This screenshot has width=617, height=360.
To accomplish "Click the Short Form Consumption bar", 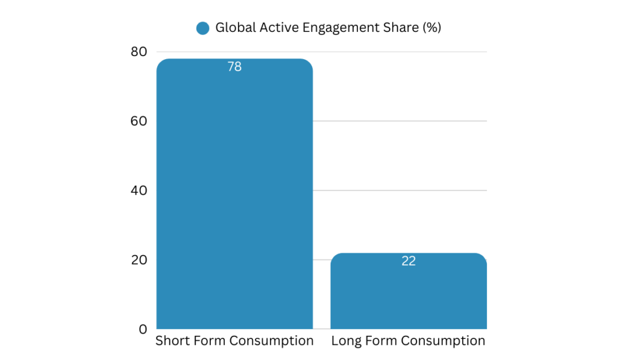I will point(234,199).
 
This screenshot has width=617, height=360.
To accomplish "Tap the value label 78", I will point(234,67).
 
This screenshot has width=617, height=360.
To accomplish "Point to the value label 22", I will point(409,261).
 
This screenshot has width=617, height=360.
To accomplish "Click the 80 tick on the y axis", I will point(139,52).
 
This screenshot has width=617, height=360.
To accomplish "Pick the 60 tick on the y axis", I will point(139,121).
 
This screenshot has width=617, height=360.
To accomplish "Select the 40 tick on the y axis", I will point(139,191).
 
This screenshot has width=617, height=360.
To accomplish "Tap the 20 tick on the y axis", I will point(139,260).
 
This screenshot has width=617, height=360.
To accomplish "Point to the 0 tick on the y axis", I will point(143,329).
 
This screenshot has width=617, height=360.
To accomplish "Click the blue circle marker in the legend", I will point(203,28).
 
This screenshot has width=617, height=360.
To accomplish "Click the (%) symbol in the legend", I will point(431,28).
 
